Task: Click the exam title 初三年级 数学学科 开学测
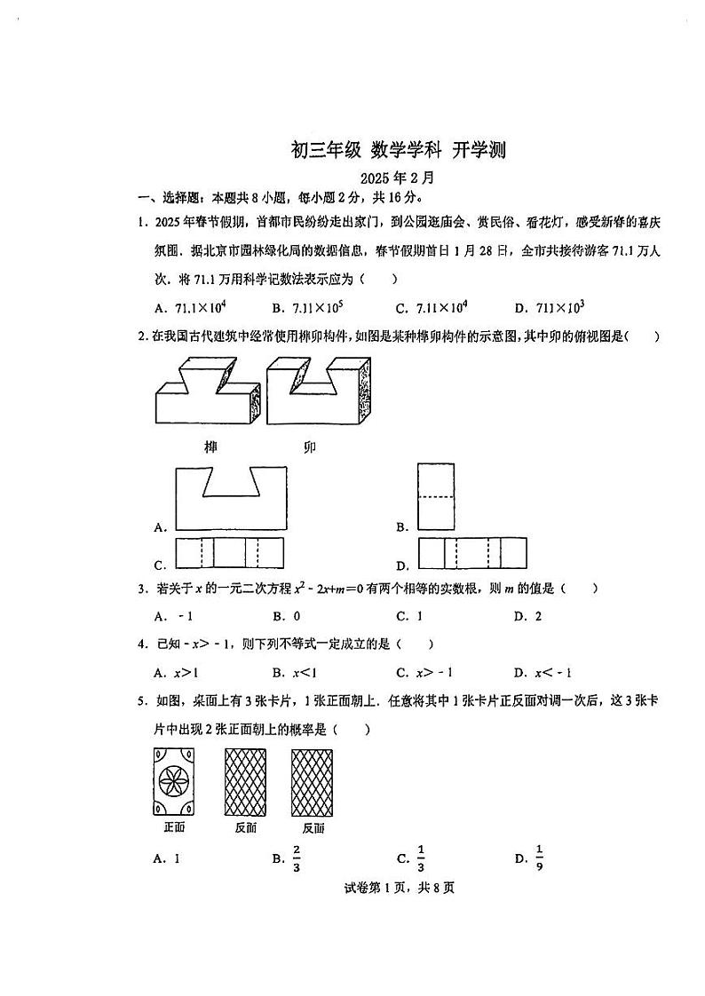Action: (x=399, y=150)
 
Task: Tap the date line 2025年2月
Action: (x=398, y=178)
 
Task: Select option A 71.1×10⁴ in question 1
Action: (x=186, y=307)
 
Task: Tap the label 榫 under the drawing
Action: (x=210, y=446)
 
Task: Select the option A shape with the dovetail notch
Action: (x=230, y=497)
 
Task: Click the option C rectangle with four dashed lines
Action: (x=230, y=553)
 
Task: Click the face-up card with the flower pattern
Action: (x=174, y=782)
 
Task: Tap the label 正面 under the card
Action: (x=174, y=828)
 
